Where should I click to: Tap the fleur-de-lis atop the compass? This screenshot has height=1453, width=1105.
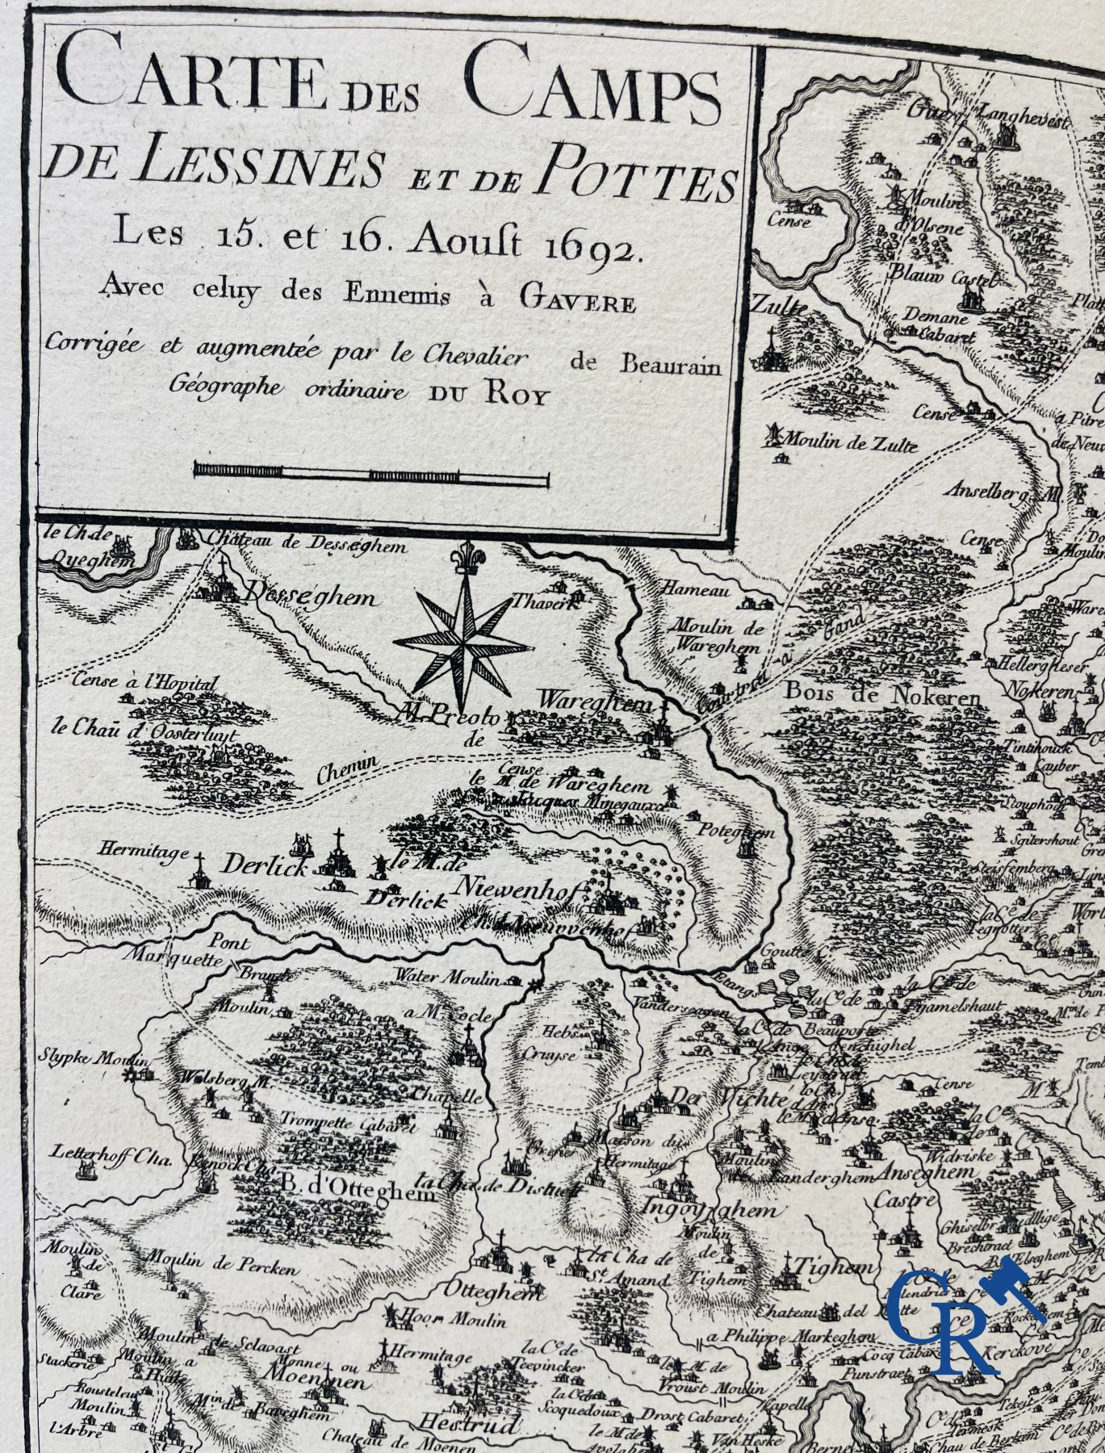coord(463,557)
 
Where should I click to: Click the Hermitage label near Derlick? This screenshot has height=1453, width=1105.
coord(134,850)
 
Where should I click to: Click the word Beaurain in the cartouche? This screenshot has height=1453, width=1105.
coord(669,364)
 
